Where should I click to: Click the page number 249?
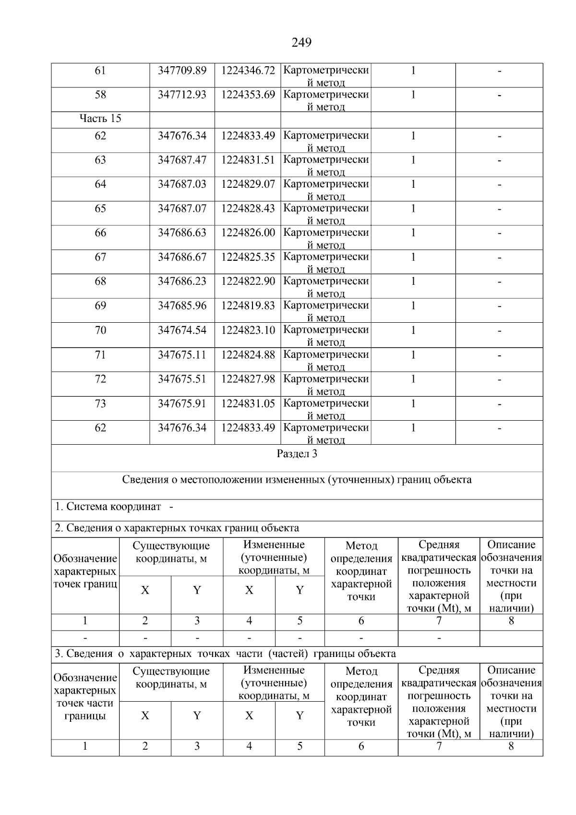[x=301, y=43]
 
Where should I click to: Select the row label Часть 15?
[x=100, y=119]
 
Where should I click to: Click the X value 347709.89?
[x=182, y=71]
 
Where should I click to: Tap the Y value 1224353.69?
[x=248, y=95]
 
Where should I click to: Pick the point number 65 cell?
[x=100, y=208]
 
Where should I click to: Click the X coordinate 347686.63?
[x=182, y=233]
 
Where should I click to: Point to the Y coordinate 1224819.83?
[x=248, y=306]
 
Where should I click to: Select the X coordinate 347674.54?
[x=182, y=330]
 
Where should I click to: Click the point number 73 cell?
[x=100, y=403]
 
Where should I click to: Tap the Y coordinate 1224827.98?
[x=248, y=379]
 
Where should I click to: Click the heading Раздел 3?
[x=297, y=454]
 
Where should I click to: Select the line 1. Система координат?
[x=114, y=507]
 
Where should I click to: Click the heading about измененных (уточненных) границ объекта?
[x=297, y=480]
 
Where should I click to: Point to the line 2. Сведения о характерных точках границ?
[x=177, y=528]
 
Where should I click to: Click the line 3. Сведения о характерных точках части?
[x=225, y=654]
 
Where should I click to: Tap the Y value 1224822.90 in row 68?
[x=248, y=281]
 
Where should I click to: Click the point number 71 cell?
[x=100, y=355]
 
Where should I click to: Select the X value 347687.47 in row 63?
[x=182, y=160]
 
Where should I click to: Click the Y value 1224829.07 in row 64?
[x=248, y=184]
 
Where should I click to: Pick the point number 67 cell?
[x=100, y=257]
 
